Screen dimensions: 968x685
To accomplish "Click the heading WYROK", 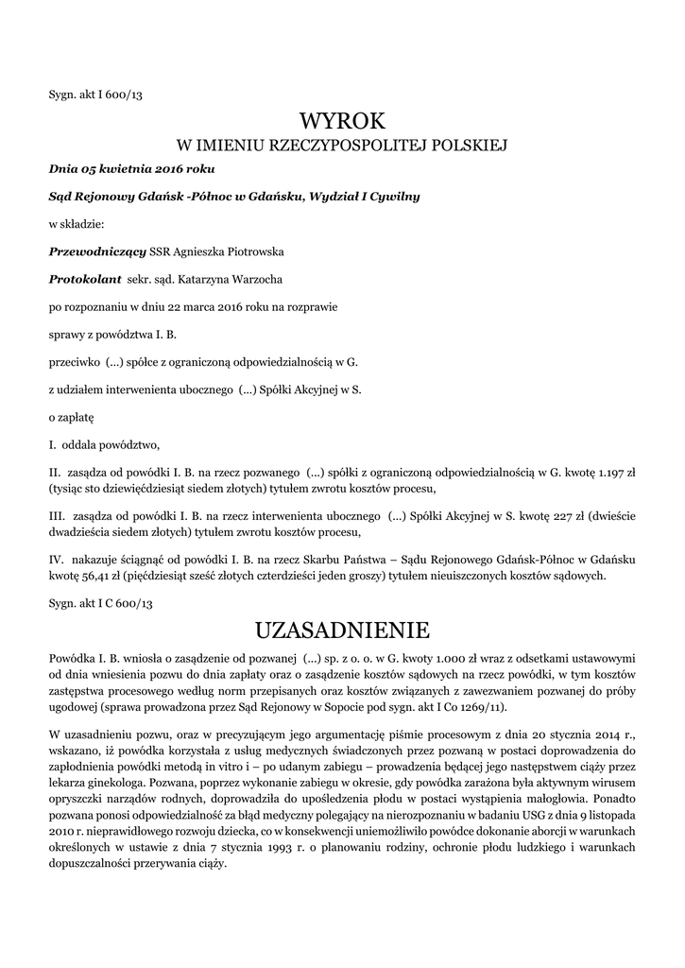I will [x=342, y=120].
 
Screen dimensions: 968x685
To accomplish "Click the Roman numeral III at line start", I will [x=56, y=515].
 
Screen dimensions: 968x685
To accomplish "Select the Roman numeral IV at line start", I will [x=57, y=560].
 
